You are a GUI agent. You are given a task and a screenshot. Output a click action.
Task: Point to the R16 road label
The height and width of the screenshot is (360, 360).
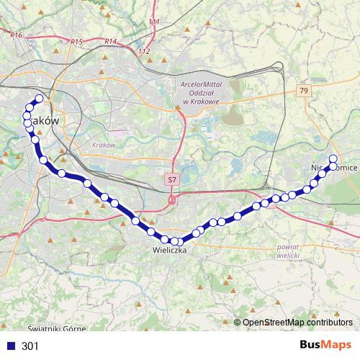(x=17, y=34)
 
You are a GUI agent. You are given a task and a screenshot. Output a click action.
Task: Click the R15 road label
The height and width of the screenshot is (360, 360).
(x=78, y=42)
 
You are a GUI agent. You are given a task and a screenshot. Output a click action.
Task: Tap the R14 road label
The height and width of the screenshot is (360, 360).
(x=110, y=41)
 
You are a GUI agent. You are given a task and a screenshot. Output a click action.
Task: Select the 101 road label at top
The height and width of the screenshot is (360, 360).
(x=153, y=22)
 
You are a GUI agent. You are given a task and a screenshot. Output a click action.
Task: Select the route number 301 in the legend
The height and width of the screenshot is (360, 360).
(x=30, y=346)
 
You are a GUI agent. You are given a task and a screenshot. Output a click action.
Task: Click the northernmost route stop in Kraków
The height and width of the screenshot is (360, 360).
(x=39, y=99)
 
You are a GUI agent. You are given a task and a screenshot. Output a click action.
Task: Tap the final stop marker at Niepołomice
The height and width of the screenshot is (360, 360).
(x=333, y=159)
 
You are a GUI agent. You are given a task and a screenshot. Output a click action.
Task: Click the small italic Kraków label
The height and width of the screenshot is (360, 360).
(x=104, y=145)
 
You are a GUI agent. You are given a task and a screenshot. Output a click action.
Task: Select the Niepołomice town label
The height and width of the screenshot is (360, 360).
(x=334, y=167)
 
